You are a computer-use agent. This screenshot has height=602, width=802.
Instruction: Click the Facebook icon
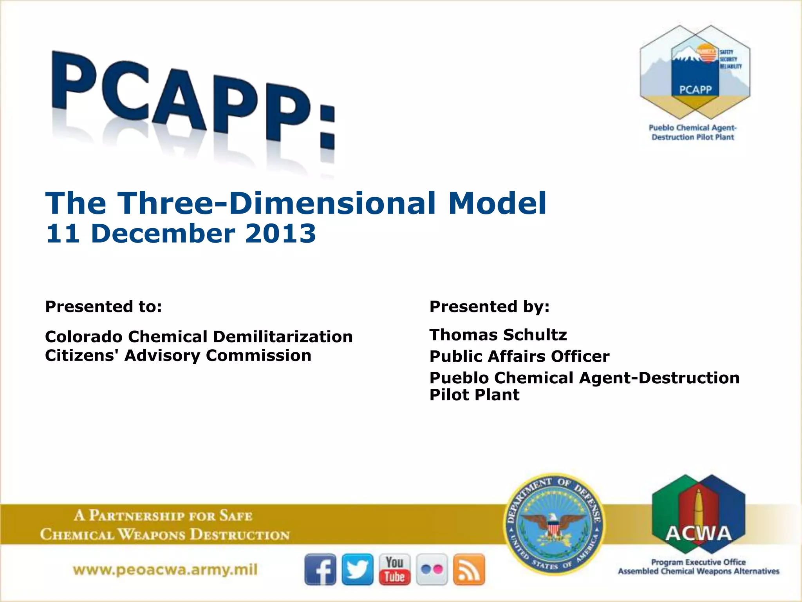[320, 569]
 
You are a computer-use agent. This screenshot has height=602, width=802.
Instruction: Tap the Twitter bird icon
[358, 569]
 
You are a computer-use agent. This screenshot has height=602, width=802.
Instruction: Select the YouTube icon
[394, 569]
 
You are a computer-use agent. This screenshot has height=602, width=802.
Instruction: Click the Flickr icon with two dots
[432, 569]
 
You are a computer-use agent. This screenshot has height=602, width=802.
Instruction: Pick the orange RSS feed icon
[469, 569]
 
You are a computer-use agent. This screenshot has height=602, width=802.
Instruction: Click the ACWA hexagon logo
[698, 513]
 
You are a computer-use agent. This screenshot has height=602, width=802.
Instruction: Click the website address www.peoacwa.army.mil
[165, 569]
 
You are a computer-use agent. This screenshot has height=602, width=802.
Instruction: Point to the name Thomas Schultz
[498, 335]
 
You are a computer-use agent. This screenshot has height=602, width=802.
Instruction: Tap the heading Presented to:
[103, 306]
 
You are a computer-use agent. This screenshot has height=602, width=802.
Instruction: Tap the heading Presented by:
[490, 306]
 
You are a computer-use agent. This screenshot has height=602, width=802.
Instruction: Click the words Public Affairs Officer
[519, 356]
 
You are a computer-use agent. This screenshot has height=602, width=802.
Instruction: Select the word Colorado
[83, 337]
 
